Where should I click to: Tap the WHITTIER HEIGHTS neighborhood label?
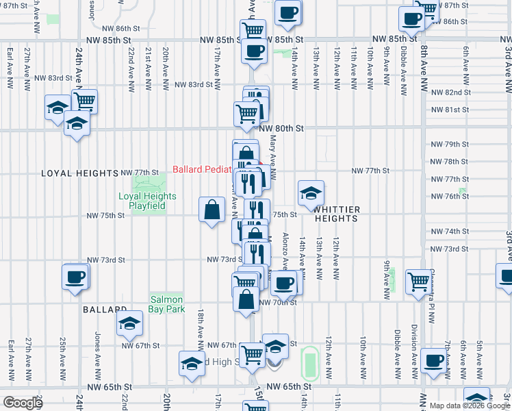click(336, 214)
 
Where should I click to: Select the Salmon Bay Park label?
click(167, 305)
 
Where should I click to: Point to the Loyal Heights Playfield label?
click(147, 201)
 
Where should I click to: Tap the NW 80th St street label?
click(281, 127)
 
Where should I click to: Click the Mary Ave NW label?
click(272, 157)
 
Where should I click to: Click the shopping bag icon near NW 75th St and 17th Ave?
click(212, 209)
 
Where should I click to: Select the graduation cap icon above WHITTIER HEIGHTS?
click(311, 192)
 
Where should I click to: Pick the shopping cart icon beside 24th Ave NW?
click(85, 101)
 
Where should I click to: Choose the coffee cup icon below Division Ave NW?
click(433, 360)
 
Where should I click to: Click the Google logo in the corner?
click(23, 403)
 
